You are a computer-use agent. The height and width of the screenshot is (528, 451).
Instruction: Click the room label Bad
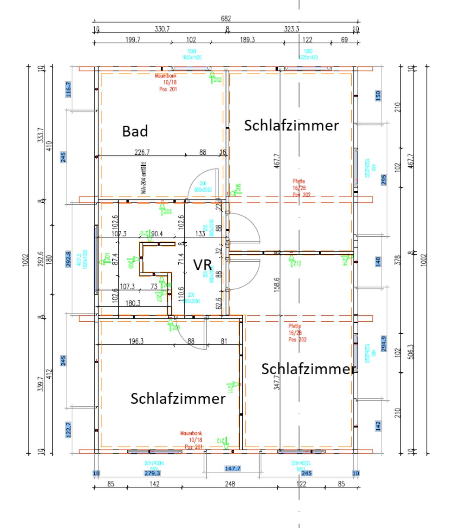(135, 131)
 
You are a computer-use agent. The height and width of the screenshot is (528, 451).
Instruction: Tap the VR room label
(202, 265)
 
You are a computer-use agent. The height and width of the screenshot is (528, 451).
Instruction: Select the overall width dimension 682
(226, 19)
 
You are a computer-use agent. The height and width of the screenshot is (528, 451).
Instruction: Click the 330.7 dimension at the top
(162, 29)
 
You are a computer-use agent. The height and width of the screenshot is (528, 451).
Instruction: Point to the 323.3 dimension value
(291, 29)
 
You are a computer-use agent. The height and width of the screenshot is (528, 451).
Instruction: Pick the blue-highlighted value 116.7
(69, 89)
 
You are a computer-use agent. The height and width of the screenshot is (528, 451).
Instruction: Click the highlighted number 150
(378, 95)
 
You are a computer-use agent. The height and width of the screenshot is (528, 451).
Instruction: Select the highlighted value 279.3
(152, 473)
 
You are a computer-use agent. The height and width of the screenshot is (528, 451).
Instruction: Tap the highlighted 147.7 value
(233, 468)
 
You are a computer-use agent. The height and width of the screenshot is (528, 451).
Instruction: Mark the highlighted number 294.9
(384, 344)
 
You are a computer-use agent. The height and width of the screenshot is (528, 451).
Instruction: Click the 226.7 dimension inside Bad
(142, 153)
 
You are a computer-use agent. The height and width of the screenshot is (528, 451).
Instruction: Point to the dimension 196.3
(136, 341)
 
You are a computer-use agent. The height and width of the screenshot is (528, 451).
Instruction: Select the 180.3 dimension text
(133, 303)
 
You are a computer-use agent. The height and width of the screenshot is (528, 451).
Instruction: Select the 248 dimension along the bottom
(230, 484)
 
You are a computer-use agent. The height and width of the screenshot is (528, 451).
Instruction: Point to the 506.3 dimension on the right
(410, 352)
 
